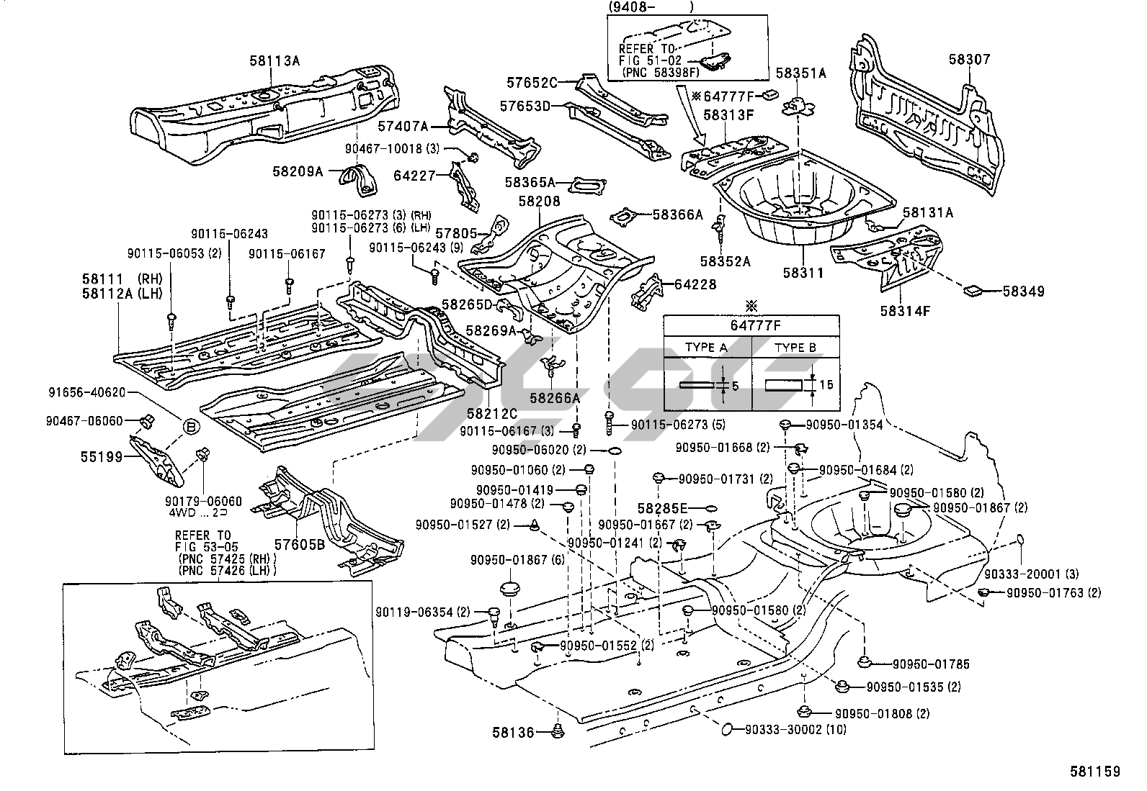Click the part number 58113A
(275, 60)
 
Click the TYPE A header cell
(706, 347)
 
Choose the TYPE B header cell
(795, 347)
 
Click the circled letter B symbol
(190, 428)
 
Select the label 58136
(514, 733)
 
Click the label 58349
(1023, 291)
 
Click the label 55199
(102, 456)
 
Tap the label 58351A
(800, 73)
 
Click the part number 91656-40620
(87, 392)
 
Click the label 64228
(695, 284)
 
